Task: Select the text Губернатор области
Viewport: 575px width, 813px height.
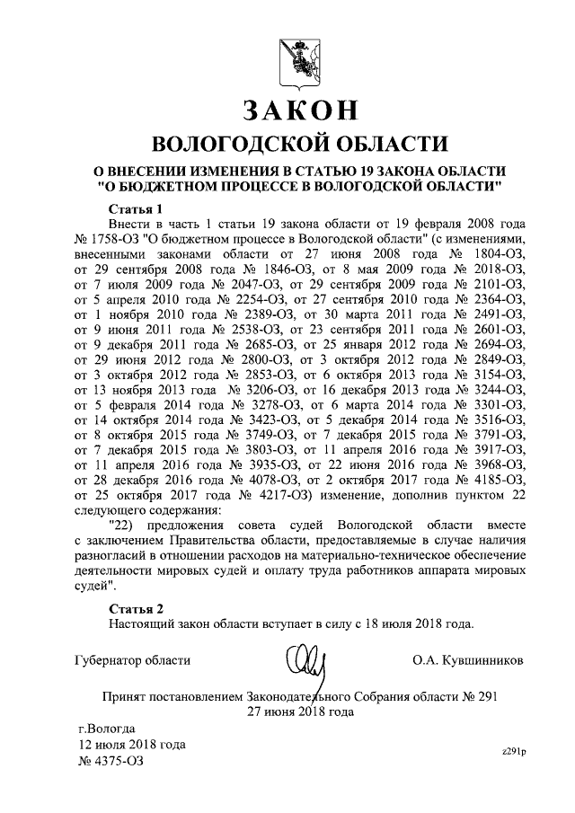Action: tap(131, 660)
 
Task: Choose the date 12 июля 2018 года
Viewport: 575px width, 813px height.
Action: tap(131, 745)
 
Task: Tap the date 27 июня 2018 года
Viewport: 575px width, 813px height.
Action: tap(301, 711)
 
